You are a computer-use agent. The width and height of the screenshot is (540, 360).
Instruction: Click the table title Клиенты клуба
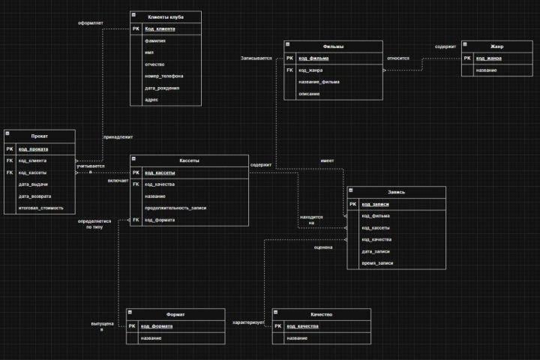[166, 16]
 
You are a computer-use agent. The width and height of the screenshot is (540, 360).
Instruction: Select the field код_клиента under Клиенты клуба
[160, 29]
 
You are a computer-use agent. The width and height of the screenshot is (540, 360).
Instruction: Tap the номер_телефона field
[163, 76]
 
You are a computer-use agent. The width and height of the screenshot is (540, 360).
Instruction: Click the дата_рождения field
[162, 88]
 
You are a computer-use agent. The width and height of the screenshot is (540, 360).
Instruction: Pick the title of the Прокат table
[40, 135]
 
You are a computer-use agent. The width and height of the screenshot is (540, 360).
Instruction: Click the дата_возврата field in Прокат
[35, 196]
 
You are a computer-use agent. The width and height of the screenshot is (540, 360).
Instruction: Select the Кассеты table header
[189, 160]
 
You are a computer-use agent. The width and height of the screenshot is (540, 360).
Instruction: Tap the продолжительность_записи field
[175, 208]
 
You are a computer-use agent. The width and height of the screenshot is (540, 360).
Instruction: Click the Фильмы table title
[333, 46]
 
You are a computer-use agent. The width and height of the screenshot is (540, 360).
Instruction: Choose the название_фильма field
[319, 82]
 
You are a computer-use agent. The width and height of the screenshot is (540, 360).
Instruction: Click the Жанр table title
[496, 46]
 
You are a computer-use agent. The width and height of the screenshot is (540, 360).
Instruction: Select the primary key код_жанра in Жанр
[489, 58]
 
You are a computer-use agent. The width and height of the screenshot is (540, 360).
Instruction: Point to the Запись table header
[396, 192]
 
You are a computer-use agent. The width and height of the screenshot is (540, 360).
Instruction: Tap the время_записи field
[377, 263]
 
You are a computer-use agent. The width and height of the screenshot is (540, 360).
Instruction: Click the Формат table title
[175, 314]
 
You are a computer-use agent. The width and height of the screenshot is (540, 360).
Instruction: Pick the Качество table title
[321, 314]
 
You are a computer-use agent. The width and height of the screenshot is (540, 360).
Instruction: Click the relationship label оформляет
[91, 23]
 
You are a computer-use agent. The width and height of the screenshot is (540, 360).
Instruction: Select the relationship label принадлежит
[117, 137]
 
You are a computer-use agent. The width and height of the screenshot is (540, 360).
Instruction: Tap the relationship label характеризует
[249, 322]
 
